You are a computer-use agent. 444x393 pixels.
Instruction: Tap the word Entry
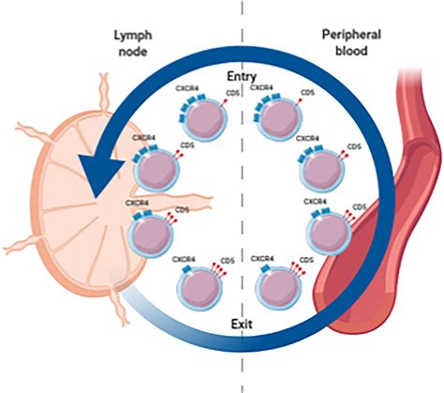[x=242, y=74]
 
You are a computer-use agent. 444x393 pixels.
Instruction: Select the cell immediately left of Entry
[x=194, y=121]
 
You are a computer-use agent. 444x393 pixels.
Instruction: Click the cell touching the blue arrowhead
[x=154, y=171]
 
